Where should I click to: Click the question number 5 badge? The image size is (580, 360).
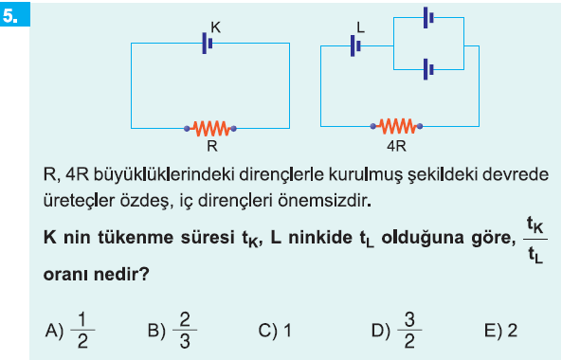point(15,14)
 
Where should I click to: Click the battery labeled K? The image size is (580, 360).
point(208,44)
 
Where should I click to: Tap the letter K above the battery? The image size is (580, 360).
point(216,27)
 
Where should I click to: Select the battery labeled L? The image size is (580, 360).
point(355,45)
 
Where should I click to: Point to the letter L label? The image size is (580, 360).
point(361,27)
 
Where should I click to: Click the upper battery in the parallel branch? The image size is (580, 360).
point(428,17)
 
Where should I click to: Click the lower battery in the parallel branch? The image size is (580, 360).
point(428,69)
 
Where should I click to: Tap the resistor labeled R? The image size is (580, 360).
point(210,129)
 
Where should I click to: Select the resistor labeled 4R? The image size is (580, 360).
point(396,126)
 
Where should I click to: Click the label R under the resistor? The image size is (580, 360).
point(212,146)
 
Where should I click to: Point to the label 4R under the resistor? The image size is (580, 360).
point(396,146)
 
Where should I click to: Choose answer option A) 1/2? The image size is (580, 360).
point(70,331)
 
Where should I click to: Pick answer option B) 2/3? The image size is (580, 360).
point(172,331)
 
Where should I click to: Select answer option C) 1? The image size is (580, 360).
point(275,331)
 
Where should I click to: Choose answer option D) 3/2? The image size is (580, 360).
point(396,331)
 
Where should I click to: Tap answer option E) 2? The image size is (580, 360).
point(500,331)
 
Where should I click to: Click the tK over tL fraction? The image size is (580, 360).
point(535,240)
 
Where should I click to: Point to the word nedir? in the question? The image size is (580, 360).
point(121,274)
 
